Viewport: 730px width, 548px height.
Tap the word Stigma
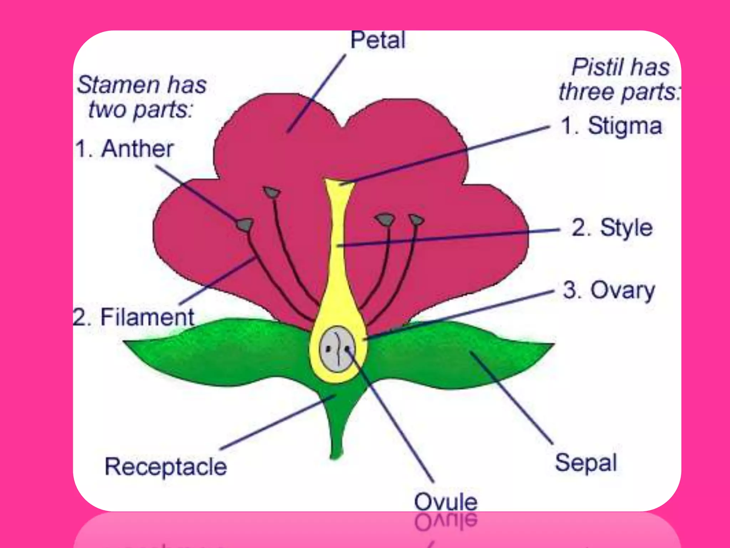pos(624,126)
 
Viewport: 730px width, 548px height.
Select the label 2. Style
pos(612,228)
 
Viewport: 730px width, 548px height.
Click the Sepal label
pos(586,463)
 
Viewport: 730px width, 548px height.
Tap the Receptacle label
pos(166,467)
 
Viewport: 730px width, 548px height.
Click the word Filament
pos(147,317)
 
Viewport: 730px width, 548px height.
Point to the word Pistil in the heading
pos(591,67)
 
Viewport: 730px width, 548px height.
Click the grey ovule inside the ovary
pos(337,349)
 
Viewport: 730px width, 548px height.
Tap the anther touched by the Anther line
pos(245,225)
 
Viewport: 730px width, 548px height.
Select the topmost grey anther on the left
pos(272,193)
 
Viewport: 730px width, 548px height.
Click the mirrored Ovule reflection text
pos(446,522)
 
